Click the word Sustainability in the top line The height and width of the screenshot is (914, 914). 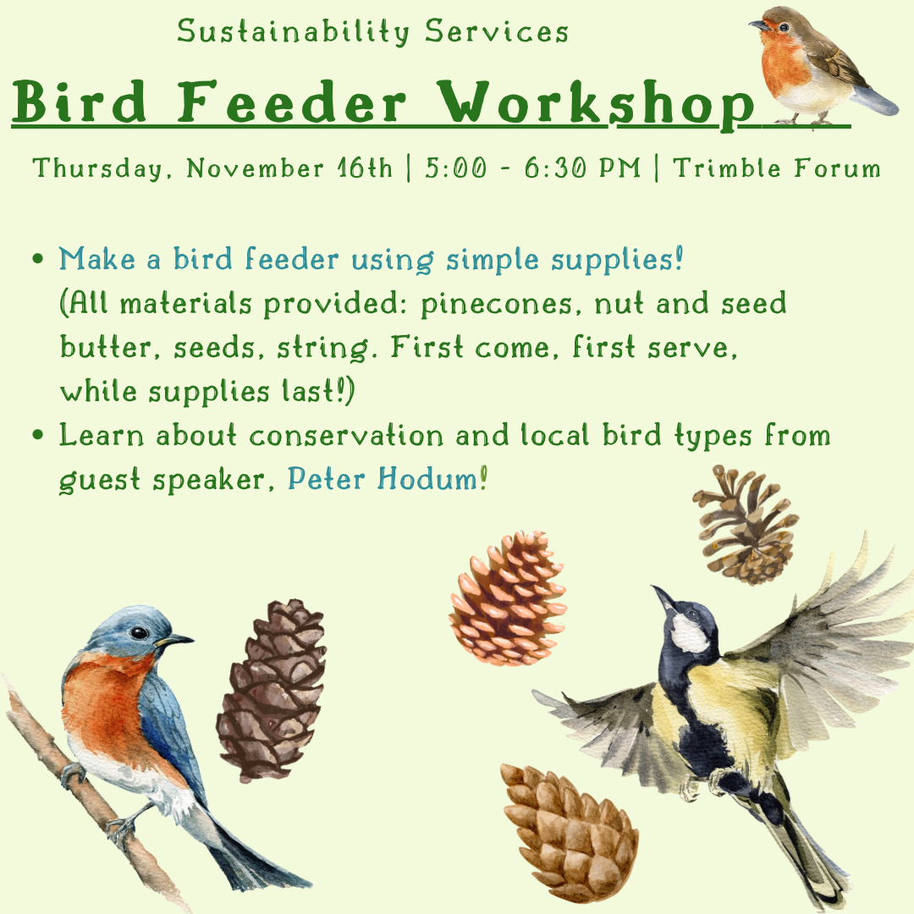pos(293,31)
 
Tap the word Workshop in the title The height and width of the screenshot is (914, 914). pos(596,104)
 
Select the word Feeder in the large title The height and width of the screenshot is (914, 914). pos(291,102)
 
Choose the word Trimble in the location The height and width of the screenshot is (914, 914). pos(726,168)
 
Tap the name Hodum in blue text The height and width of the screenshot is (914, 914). pos(427,479)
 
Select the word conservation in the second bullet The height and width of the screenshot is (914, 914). pos(346,437)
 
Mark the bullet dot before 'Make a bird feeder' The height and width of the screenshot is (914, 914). pos(38,258)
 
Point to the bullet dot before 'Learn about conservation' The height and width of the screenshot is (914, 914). pos(38,435)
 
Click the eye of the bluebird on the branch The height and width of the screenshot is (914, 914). pos(139,632)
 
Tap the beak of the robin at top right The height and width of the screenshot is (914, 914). pos(757,25)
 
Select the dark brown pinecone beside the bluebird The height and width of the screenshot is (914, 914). pos(271,691)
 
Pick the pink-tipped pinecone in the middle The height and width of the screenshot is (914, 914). pos(508,598)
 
